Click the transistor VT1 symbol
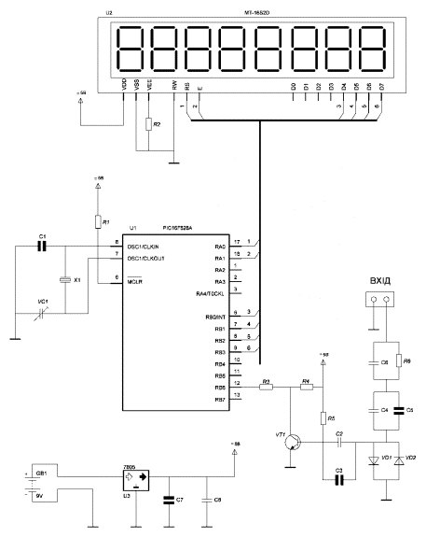coord(294,442)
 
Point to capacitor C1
coord(41,247)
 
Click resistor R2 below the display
coord(147,124)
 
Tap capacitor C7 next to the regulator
coord(169,499)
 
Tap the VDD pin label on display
coord(125,86)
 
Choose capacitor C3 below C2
coord(337,479)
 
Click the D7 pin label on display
coord(379,87)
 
